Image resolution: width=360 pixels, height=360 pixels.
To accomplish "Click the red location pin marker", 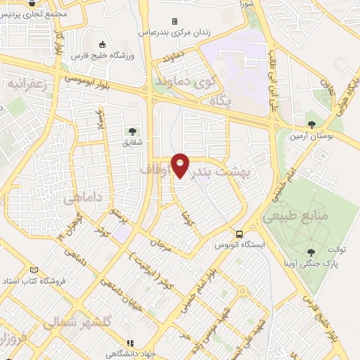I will click(x=181, y=165).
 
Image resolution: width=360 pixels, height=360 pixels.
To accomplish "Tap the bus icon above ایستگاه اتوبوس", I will click(x=240, y=234).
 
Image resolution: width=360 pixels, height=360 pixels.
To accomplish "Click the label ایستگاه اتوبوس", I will click(x=240, y=246).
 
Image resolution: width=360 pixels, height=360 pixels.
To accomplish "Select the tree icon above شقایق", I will click(x=132, y=131).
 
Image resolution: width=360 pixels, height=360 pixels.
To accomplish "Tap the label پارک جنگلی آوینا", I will click(x=309, y=264).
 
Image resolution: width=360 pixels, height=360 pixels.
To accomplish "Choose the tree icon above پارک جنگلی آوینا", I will click(x=311, y=251).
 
